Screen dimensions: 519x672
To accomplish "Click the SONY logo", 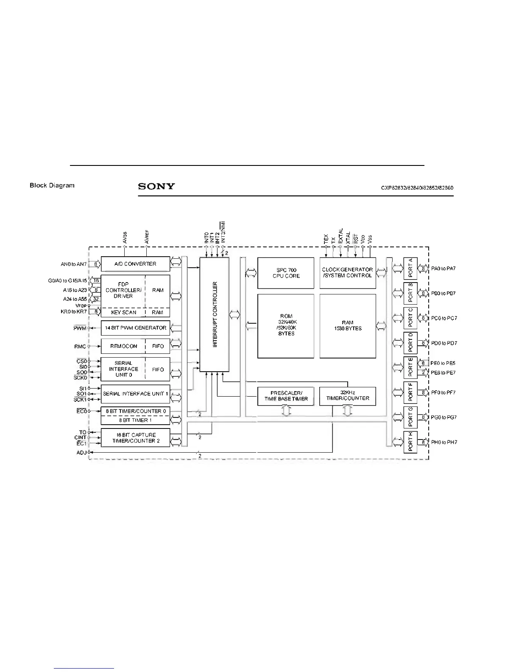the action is (x=156, y=186).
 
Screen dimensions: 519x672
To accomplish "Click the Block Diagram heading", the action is (x=52, y=185).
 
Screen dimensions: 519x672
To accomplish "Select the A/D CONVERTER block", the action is (x=135, y=264).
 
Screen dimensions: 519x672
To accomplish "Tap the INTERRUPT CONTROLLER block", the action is (x=215, y=314).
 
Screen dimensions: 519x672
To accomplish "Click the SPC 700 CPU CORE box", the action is (x=286, y=273).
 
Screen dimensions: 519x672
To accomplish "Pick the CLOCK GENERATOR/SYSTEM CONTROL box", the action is (x=347, y=272).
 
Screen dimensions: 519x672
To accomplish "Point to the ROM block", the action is (x=286, y=325).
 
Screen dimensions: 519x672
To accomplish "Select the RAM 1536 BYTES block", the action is (x=347, y=325).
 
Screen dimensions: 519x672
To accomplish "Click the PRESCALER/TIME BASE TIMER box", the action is (x=286, y=396).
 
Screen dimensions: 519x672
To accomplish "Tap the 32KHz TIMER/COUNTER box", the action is (x=347, y=396).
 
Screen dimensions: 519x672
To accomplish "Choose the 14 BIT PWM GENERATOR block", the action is (x=135, y=328).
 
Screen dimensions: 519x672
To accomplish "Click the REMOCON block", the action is (x=123, y=346).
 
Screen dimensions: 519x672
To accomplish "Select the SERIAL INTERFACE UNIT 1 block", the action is (x=135, y=394).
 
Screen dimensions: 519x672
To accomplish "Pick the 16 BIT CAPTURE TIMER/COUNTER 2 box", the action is (x=135, y=438).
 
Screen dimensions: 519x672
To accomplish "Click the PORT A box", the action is (x=410, y=268).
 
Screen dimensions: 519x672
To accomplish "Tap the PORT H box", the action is (x=410, y=442).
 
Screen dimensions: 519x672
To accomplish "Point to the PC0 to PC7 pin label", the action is (x=444, y=318).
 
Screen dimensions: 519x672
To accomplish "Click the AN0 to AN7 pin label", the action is (x=73, y=264).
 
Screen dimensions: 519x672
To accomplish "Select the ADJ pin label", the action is (x=81, y=453).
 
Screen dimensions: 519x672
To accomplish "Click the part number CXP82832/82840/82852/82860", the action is (x=417, y=188).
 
